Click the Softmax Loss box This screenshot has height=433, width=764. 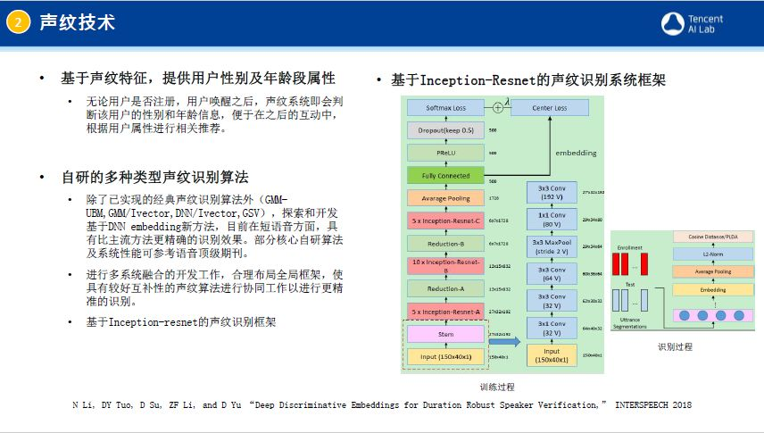point(446,108)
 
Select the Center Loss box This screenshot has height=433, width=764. point(550,108)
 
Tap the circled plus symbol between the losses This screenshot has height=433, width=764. point(498,108)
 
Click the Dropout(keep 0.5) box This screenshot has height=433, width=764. point(445,130)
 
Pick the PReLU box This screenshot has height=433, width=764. point(445,153)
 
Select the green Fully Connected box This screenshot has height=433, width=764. point(445,176)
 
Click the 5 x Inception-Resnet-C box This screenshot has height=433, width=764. point(445,220)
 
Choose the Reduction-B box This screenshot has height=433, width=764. point(445,243)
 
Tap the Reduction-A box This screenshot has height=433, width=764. point(445,288)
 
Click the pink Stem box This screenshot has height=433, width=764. point(445,334)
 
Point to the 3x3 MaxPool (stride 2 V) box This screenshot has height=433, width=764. point(552,246)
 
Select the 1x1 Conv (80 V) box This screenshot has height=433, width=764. point(552,219)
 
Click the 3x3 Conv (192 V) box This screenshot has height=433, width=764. point(552,192)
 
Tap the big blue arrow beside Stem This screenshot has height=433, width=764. point(504,340)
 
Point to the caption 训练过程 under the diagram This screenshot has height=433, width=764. point(497,387)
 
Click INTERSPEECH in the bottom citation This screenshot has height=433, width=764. point(639,405)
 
